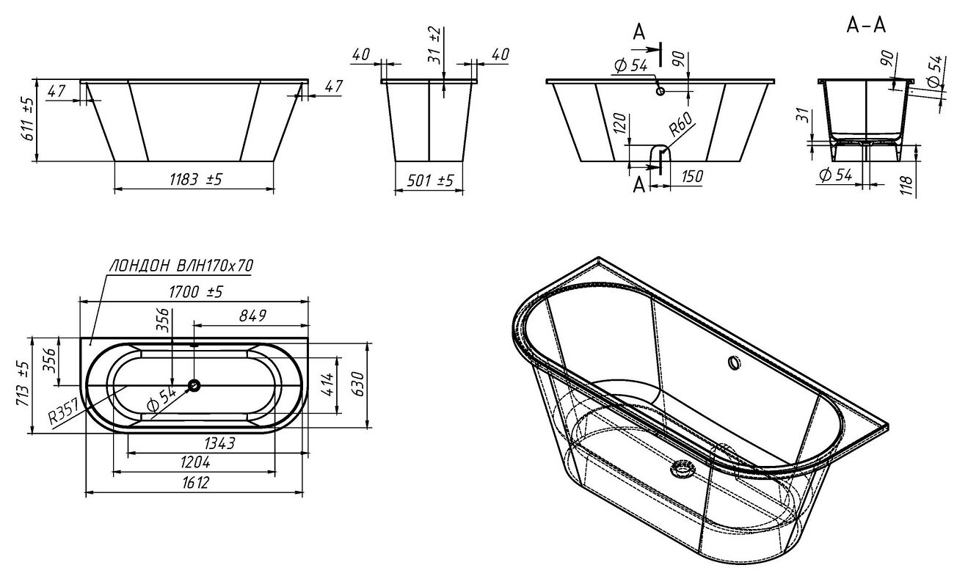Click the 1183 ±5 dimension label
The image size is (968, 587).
pyautogui.click(x=196, y=179)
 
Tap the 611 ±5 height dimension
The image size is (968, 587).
pyautogui.click(x=28, y=119)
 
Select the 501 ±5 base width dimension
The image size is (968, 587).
pyautogui.click(x=430, y=181)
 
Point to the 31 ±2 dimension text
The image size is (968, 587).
pyautogui.click(x=434, y=45)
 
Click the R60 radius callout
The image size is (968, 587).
pyautogui.click(x=680, y=124)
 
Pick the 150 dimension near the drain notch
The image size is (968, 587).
pyautogui.click(x=692, y=176)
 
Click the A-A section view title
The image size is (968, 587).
pyautogui.click(x=866, y=26)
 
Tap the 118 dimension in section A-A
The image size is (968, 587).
pyautogui.click(x=908, y=186)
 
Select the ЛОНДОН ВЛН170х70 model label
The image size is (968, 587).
pyautogui.click(x=181, y=266)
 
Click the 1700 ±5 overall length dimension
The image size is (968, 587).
pyautogui.click(x=195, y=293)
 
